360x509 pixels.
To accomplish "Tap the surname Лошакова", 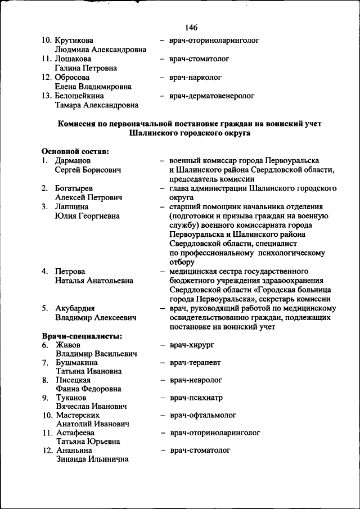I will [x=74, y=58].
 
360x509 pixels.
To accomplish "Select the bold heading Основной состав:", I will [x=75, y=151].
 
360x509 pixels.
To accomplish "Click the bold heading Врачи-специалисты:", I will [x=82, y=336].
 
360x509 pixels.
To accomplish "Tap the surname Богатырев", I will [x=75, y=188].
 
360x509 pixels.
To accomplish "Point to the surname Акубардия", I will [x=75, y=308].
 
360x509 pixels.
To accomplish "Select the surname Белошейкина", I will [x=80, y=96].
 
